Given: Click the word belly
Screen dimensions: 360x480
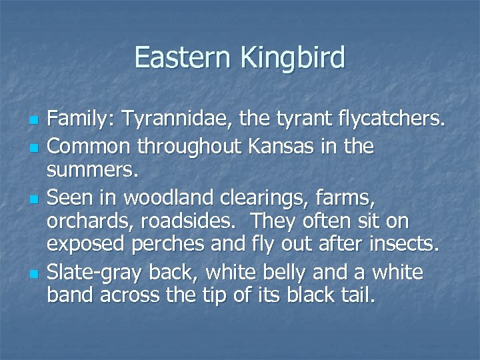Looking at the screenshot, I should pyautogui.click(x=297, y=272).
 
